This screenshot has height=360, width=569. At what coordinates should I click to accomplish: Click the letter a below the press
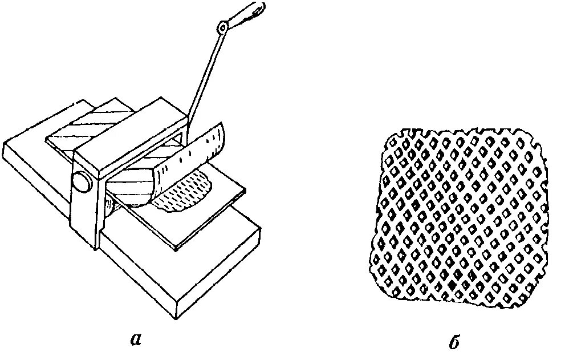click(135, 339)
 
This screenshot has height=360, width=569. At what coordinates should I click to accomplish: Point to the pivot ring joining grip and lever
click(223, 27)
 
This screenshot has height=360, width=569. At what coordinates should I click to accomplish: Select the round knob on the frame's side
click(80, 183)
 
